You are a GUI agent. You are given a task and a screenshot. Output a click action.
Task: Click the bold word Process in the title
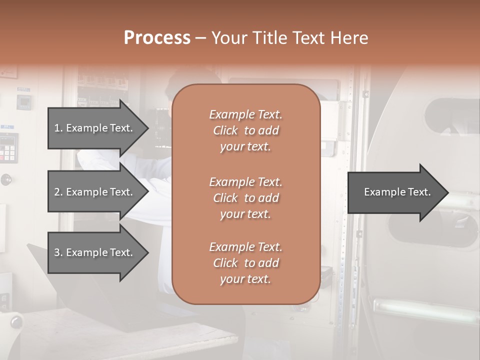click(157, 38)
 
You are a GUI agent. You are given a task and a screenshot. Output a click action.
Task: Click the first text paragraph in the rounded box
click(245, 130)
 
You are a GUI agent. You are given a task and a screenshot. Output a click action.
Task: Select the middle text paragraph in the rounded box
click(245, 198)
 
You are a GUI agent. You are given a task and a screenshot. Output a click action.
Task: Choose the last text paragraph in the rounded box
click(245, 263)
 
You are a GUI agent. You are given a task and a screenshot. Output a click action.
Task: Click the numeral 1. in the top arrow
click(58, 128)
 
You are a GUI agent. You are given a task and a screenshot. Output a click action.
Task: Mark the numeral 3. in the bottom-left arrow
click(58, 252)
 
